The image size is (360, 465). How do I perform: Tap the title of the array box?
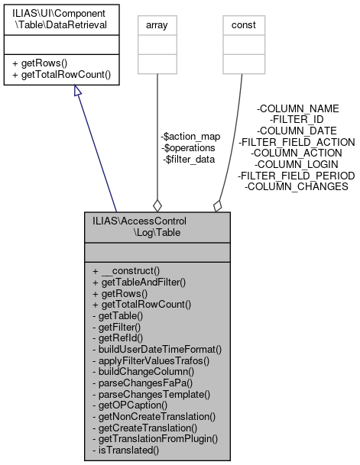pyautogui.click(x=157, y=25)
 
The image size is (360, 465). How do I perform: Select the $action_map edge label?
pyautogui.click(x=191, y=137)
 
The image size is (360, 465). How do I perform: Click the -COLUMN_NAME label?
pyautogui.click(x=298, y=109)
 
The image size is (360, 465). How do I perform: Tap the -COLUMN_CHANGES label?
pyautogui.click(x=297, y=186)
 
